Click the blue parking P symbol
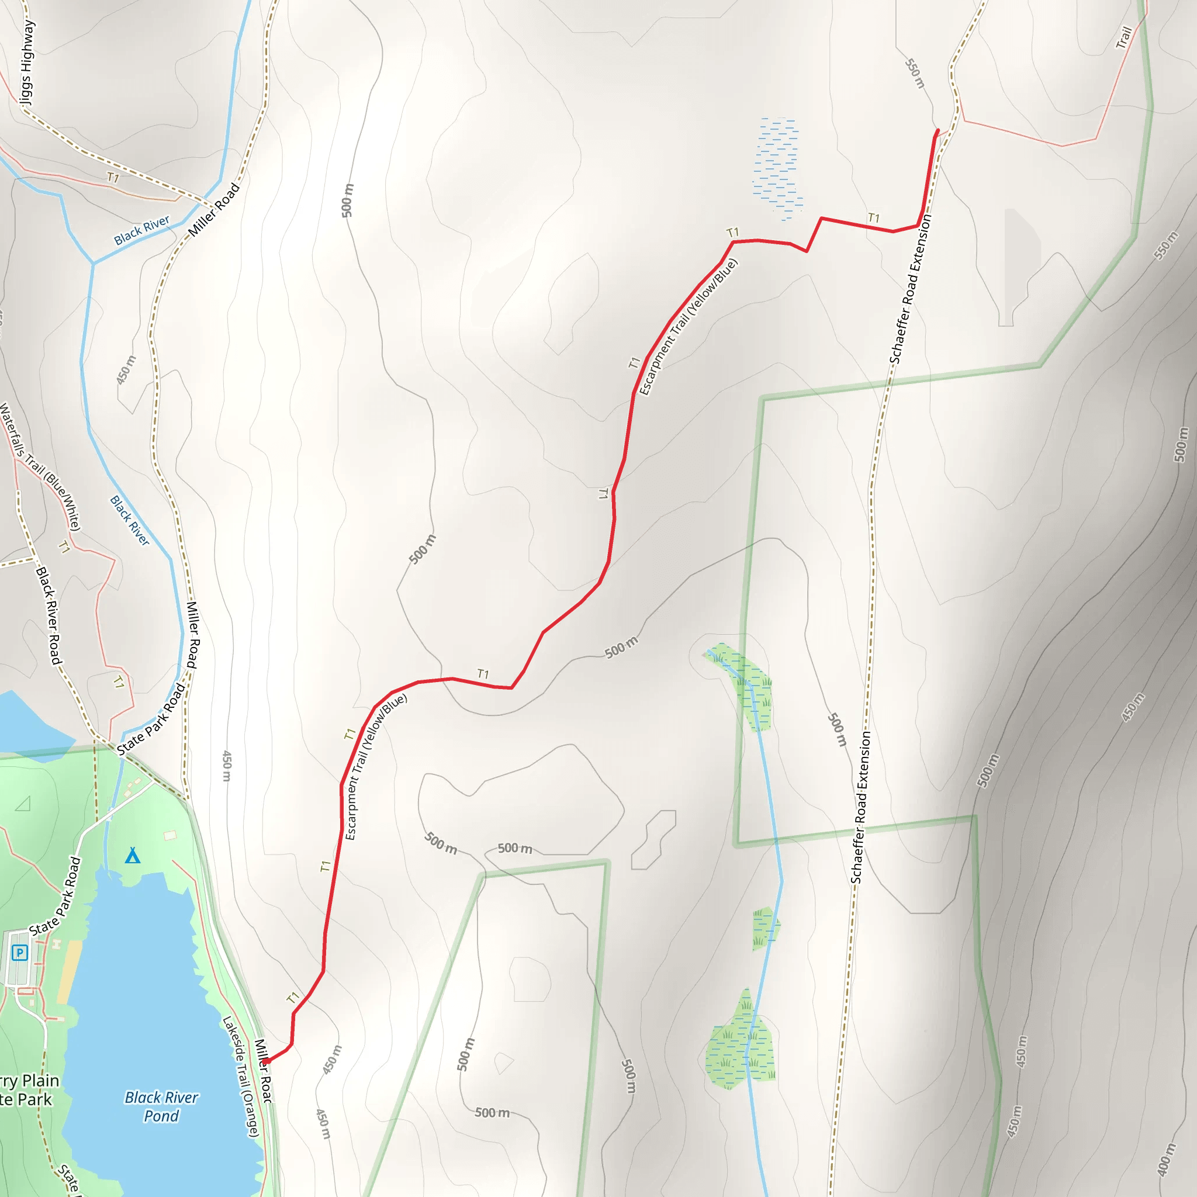20,952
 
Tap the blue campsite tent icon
133,856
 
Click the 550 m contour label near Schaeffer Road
915,74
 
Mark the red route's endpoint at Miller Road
266,1062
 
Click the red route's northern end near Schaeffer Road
937,131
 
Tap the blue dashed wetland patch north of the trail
777,167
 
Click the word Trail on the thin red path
1124,37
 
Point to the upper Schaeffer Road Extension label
910,289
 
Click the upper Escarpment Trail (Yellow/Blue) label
688,327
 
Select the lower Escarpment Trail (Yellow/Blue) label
375,766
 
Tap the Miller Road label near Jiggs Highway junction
214,209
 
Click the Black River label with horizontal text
141,230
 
